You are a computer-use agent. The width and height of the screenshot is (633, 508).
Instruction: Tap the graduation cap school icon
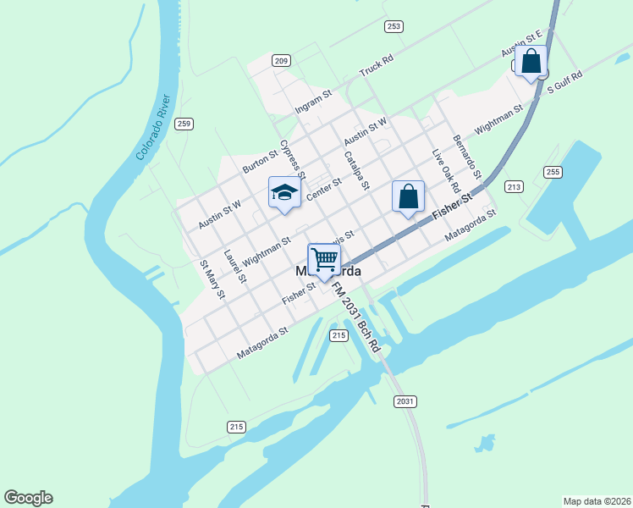285,192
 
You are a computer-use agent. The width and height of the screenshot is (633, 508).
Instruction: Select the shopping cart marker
324,259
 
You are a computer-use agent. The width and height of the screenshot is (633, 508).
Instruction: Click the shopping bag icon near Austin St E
531,62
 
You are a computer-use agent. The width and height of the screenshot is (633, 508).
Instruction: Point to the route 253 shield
394,27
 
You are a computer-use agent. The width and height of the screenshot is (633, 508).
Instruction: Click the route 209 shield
282,60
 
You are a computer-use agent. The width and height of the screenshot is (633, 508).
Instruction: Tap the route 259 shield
184,124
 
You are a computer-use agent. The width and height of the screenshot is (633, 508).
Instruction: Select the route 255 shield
553,172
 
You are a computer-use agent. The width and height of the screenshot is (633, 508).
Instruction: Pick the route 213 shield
514,186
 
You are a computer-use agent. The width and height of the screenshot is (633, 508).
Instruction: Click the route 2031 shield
405,400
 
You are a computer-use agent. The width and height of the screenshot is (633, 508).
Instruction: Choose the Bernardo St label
466,156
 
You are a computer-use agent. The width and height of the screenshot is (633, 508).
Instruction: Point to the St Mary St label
212,279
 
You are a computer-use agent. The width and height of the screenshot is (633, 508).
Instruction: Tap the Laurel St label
234,265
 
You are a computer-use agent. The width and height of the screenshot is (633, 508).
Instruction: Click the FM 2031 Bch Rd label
355,317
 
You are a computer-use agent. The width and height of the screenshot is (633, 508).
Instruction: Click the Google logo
28,498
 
